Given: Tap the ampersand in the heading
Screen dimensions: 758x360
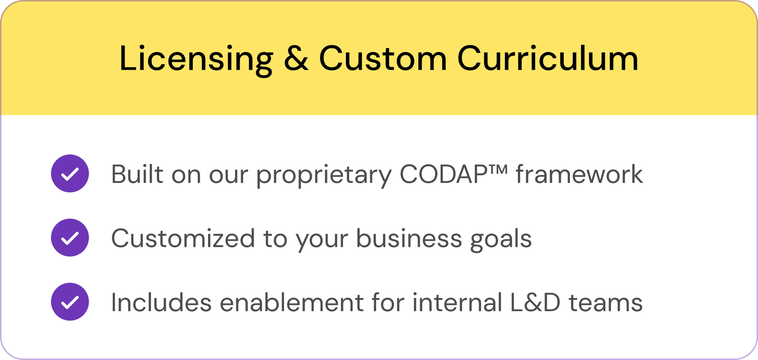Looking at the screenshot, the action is (296, 58).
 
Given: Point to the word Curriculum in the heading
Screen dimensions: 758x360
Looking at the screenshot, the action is (548, 58).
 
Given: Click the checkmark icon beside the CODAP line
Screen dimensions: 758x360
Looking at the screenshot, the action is (70, 173).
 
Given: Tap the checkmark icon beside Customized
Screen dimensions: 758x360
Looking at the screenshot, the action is (70, 237).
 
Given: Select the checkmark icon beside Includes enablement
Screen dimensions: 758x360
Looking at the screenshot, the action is (70, 302).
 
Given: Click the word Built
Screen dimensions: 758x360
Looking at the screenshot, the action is (137, 174).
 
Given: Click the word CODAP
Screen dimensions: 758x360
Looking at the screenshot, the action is (443, 174).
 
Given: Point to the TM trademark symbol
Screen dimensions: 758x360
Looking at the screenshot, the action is (498, 169).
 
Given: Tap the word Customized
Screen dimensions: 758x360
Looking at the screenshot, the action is (183, 238).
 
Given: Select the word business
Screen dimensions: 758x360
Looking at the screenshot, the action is (409, 238).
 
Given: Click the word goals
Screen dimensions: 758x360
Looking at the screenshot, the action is (501, 240).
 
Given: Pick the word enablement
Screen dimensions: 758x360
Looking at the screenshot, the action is (292, 302).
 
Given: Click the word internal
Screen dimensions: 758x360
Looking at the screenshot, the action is (458, 302).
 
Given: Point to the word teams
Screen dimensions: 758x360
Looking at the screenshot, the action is (606, 303).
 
